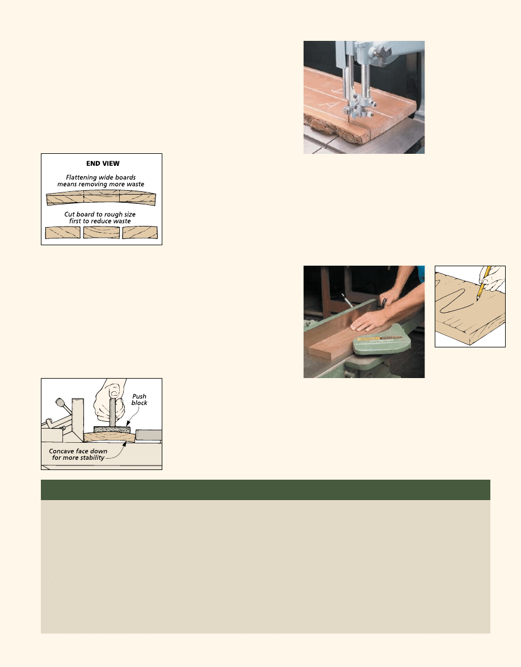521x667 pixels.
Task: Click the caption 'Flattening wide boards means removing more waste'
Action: pos(101,181)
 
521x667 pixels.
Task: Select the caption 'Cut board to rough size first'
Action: pos(101,217)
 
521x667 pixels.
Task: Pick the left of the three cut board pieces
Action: pos(62,233)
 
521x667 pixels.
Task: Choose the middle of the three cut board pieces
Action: pos(101,233)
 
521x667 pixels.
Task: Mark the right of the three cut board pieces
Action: pos(140,233)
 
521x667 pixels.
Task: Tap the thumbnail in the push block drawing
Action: pos(115,392)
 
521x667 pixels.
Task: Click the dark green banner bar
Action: pos(265,489)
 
